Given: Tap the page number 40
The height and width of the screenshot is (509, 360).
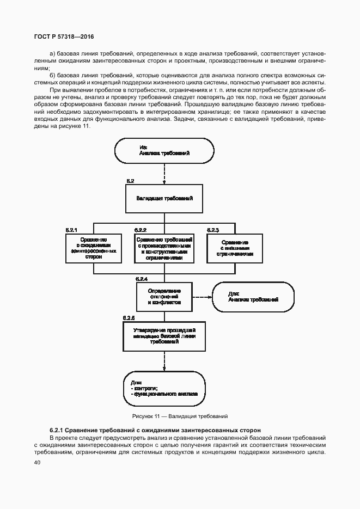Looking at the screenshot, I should (x=37, y=463).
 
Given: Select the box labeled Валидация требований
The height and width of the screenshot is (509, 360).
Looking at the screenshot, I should (x=164, y=198).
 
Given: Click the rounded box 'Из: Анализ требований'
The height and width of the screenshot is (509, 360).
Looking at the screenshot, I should (x=164, y=150).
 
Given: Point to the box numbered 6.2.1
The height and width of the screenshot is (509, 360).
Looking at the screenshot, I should (x=93, y=247).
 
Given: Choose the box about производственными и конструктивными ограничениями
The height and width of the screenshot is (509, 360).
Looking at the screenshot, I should (x=164, y=247).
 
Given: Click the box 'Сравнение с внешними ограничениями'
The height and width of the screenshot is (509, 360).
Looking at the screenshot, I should (x=235, y=247).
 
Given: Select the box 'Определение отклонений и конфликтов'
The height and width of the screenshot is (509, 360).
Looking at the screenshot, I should (x=164, y=297).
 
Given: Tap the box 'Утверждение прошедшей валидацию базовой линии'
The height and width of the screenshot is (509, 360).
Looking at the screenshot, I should (x=164, y=336).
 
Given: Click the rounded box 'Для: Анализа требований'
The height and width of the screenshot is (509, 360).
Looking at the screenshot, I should (x=253, y=297).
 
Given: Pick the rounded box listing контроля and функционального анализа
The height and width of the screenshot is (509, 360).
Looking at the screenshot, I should (x=164, y=388).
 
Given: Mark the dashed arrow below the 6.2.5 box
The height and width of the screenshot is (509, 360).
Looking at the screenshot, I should (x=164, y=361).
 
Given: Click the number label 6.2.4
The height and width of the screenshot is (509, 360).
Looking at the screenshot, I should (x=142, y=279).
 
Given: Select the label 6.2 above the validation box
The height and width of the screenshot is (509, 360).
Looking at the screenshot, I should (x=130, y=180).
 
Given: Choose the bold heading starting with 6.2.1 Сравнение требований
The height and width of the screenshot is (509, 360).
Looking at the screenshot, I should (x=151, y=430).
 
